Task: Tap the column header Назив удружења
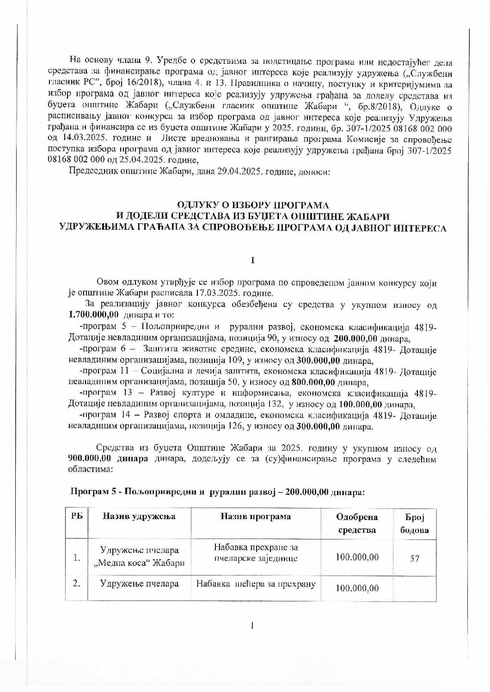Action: tap(139, 516)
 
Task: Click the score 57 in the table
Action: tap(414, 558)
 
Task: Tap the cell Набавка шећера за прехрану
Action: tap(256, 584)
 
